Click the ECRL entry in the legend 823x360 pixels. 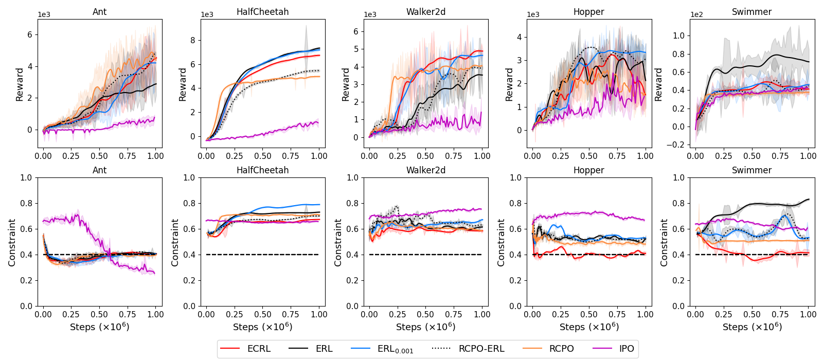258,349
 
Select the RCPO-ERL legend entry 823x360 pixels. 481,349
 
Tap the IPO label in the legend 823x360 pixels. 627,349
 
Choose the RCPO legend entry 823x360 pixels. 561,349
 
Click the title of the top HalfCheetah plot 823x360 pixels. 262,12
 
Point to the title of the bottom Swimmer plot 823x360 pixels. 752,170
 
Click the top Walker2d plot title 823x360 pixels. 425,12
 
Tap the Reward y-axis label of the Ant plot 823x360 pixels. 20,84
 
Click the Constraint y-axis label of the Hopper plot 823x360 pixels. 501,242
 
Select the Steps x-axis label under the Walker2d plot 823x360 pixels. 425,327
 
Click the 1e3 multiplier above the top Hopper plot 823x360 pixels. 533,14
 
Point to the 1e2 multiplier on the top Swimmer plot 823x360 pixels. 696,14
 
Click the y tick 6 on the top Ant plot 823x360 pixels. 30,34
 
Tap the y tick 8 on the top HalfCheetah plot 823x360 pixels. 193,40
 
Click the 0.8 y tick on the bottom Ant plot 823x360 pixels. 26,203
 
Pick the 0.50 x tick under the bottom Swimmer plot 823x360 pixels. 752,314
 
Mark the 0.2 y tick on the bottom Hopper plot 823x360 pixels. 516,280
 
